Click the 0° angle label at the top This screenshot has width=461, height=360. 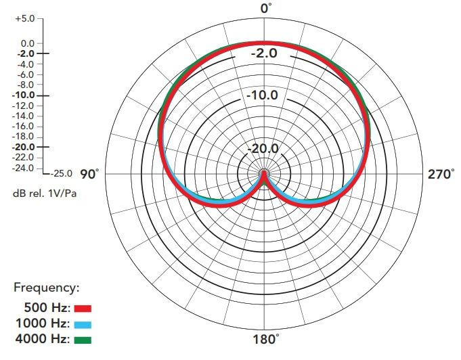pos(266,8)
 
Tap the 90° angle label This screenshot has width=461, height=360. pos(89,175)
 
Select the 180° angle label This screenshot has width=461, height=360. pos(266,339)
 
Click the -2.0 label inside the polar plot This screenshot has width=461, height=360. pos(264,53)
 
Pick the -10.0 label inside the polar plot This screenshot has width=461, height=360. pos(262,95)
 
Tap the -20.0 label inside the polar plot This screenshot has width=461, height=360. pos(263,149)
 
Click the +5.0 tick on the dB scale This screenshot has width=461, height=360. pos(25,18)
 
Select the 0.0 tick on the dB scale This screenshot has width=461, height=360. pos(28,43)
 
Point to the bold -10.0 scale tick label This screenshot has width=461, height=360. pos(24,95)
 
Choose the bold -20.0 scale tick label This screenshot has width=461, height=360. pos(24,147)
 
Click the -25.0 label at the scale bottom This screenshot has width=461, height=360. pos(61,173)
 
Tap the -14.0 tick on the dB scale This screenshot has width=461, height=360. pos(24,116)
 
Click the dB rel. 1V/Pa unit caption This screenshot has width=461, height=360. pos(45,194)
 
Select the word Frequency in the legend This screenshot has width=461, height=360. pos(47,288)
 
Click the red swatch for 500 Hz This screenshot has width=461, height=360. pos(83,309)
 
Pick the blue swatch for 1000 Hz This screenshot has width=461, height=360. pos(83,324)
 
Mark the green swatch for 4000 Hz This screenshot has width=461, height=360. pos(83,340)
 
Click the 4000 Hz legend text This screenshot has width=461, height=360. pos(43,339)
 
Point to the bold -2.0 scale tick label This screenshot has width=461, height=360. pos(26,53)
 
